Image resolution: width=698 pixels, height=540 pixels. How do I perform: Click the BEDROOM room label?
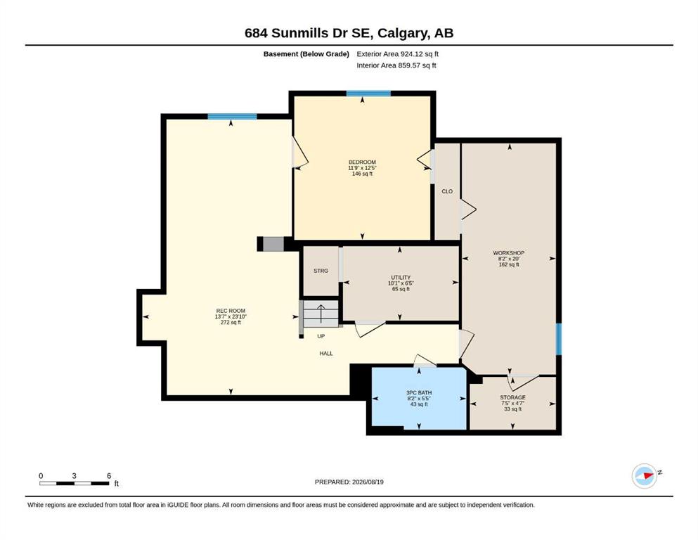pyautogui.click(x=362, y=162)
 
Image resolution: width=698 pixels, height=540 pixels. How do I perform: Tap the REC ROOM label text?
pyautogui.click(x=231, y=311)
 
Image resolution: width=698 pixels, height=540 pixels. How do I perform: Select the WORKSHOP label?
pyautogui.click(x=508, y=253)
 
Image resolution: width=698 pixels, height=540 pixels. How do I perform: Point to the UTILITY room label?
pyautogui.click(x=401, y=277)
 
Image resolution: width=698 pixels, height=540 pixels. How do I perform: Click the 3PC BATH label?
pyautogui.click(x=419, y=392)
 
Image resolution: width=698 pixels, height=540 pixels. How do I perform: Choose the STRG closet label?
pyautogui.click(x=321, y=271)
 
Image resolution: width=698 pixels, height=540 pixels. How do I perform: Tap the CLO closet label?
pyautogui.click(x=447, y=191)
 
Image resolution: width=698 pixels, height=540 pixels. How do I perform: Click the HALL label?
pyautogui.click(x=326, y=354)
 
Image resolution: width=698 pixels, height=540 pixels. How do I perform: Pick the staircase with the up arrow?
pyautogui.click(x=321, y=314)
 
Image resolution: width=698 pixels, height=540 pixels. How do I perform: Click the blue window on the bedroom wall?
pyautogui.click(x=368, y=94)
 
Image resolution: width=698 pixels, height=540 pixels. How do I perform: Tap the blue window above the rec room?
pyautogui.click(x=232, y=117)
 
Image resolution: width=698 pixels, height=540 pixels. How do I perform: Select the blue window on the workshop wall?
pyautogui.click(x=559, y=339)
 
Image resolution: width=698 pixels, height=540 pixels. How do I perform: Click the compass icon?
pyautogui.click(x=645, y=476)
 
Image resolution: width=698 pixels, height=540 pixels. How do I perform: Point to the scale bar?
pyautogui.click(x=75, y=483)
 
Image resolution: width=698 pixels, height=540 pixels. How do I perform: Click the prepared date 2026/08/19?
pyautogui.click(x=368, y=482)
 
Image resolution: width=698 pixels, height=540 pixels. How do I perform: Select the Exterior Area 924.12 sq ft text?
pyautogui.click(x=398, y=54)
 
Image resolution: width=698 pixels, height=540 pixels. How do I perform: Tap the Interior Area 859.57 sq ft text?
pyautogui.click(x=396, y=65)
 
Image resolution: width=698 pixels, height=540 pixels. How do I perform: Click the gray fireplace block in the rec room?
pyautogui.click(x=273, y=244)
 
